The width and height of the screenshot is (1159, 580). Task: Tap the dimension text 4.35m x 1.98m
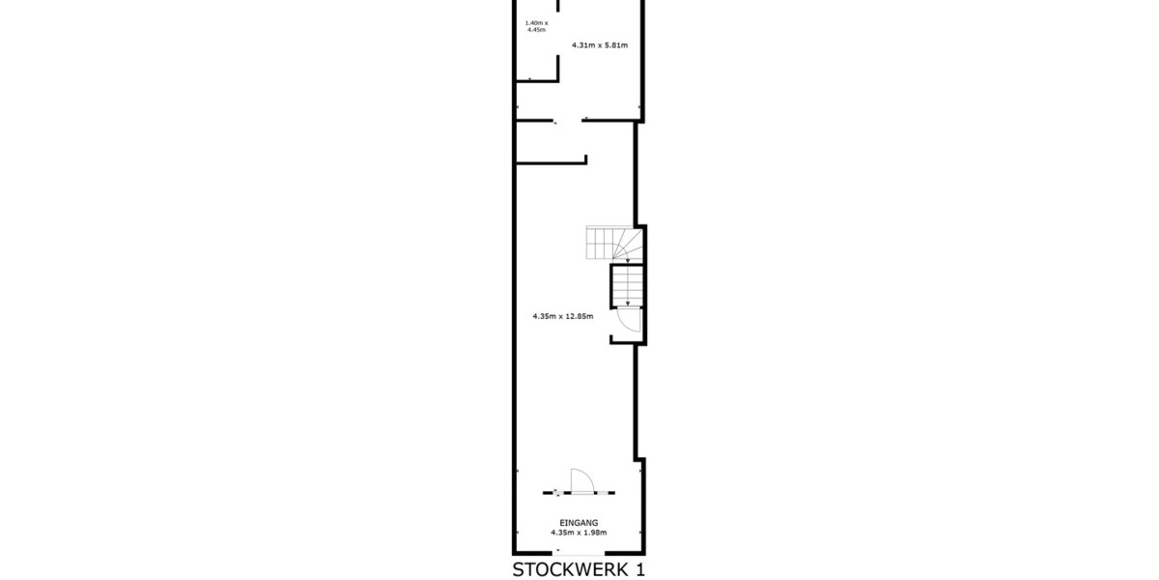tap(579, 532)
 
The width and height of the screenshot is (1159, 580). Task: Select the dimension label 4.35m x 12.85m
tap(562, 315)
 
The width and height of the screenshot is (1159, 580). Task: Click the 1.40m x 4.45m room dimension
tap(536, 26)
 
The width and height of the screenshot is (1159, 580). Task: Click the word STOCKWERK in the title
tap(569, 568)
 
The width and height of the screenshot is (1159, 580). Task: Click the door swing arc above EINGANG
tap(582, 479)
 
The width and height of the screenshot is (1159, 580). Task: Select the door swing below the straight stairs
tap(630, 320)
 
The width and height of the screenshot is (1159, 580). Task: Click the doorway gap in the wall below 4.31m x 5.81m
tap(570, 121)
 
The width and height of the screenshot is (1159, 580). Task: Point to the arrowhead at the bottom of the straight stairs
tap(626, 299)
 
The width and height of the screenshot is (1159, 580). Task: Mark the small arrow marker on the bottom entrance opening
tap(558, 551)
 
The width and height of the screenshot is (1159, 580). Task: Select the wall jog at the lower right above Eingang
tap(638, 458)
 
